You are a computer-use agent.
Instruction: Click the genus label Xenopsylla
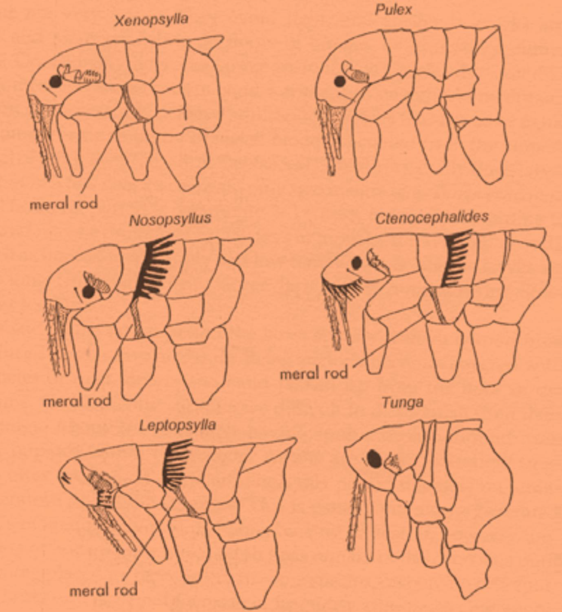151,20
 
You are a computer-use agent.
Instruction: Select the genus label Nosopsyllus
170,219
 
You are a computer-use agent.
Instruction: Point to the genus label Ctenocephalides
432,218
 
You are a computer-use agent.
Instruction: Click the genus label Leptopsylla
177,425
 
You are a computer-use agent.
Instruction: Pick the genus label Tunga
403,402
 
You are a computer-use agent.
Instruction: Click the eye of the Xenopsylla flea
55,82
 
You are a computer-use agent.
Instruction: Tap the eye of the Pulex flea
340,81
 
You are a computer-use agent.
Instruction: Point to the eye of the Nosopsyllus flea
88,292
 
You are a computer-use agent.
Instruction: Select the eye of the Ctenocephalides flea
357,263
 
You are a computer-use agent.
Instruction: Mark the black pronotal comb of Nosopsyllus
155,267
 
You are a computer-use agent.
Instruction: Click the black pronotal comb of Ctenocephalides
456,258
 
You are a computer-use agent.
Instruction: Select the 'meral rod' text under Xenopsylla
63,203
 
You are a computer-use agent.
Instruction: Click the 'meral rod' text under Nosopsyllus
77,400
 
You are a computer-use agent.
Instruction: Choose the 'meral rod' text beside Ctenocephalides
314,374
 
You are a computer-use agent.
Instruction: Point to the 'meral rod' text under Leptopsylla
103,590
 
